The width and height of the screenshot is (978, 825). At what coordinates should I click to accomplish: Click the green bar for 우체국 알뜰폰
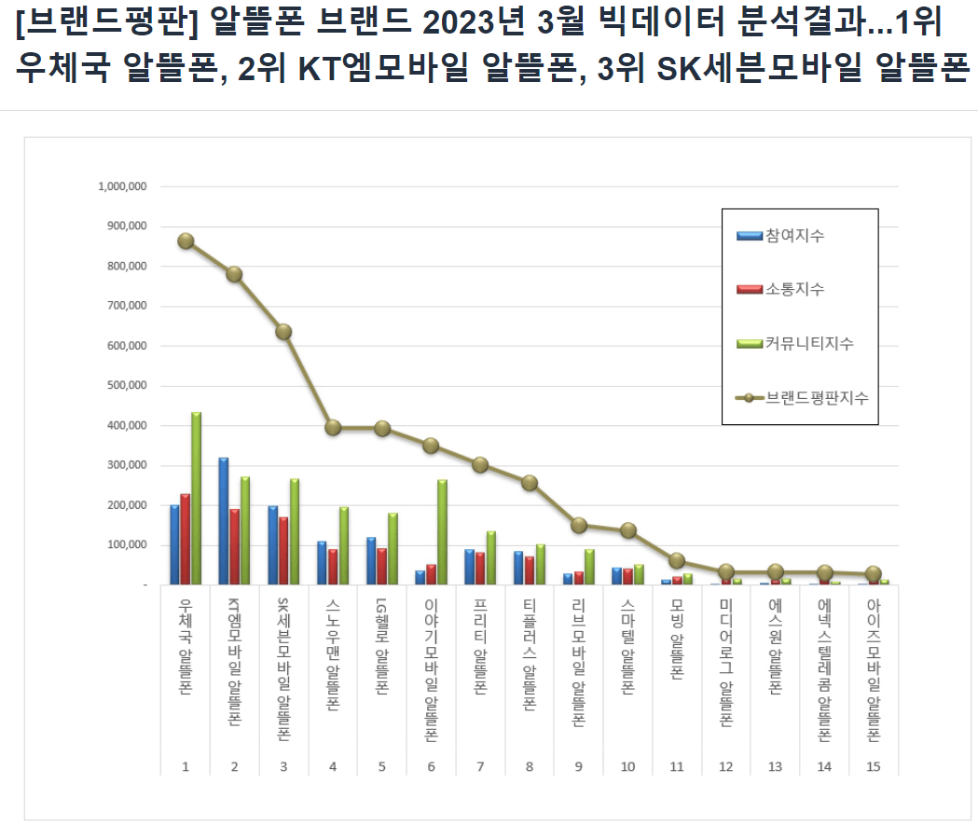pyautogui.click(x=196, y=499)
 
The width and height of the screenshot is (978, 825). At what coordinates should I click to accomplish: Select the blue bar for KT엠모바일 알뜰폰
pyautogui.click(x=224, y=521)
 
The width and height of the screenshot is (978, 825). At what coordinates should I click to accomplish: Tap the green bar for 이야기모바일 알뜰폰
pyautogui.click(x=442, y=532)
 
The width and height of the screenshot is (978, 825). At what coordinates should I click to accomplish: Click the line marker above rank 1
pyautogui.click(x=186, y=241)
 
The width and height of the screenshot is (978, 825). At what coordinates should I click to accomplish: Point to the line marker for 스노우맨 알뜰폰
pyautogui.click(x=333, y=428)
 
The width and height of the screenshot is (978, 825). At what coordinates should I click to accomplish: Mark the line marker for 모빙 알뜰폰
pyautogui.click(x=678, y=561)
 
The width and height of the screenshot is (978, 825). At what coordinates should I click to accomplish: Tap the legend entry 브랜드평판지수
pyautogui.click(x=816, y=397)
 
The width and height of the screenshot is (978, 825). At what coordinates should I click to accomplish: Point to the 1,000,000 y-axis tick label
pyautogui.click(x=121, y=186)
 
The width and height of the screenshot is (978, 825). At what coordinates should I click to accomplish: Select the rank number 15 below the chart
pyautogui.click(x=874, y=766)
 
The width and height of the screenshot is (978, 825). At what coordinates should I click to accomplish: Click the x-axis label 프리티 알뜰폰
pyautogui.click(x=480, y=653)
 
